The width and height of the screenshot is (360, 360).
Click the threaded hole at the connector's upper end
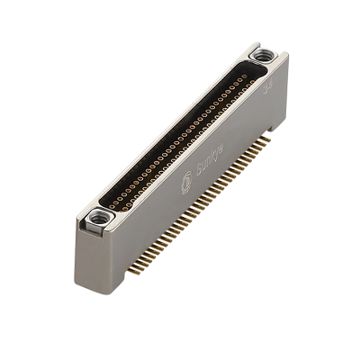(261, 56)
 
